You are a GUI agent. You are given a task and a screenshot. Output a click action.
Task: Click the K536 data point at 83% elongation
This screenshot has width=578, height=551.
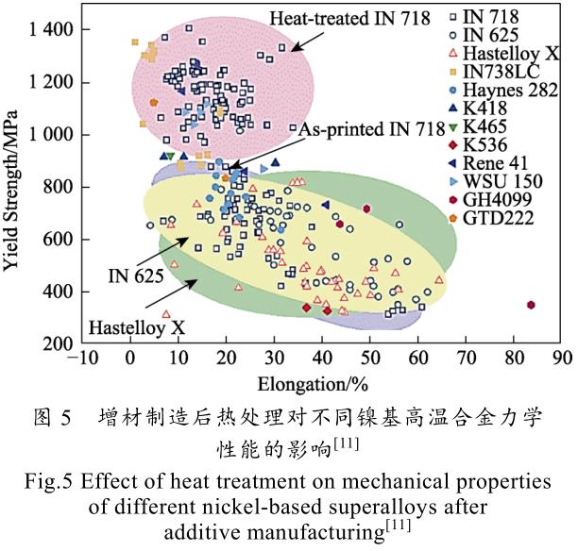[x=532, y=305]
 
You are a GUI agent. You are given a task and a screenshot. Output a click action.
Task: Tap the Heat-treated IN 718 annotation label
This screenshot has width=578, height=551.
[x=349, y=18]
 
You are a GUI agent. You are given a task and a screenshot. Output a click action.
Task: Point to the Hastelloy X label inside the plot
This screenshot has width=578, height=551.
[x=137, y=328]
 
